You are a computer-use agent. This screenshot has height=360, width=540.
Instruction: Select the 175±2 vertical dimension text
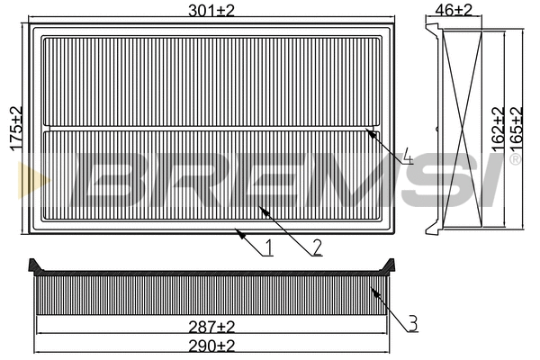[13, 130]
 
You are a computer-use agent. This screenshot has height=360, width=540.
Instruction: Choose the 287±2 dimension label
[213, 325]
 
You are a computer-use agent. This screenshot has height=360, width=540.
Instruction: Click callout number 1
[268, 247]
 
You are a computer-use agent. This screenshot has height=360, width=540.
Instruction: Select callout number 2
[317, 247]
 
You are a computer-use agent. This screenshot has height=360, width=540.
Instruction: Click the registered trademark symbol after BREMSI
[515, 160]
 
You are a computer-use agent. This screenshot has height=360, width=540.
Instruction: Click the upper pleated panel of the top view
[214, 81]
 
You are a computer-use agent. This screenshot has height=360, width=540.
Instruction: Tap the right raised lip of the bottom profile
[390, 265]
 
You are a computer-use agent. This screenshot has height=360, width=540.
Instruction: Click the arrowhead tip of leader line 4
[368, 131]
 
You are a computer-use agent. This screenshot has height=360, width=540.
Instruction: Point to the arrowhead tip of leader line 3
[370, 286]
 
